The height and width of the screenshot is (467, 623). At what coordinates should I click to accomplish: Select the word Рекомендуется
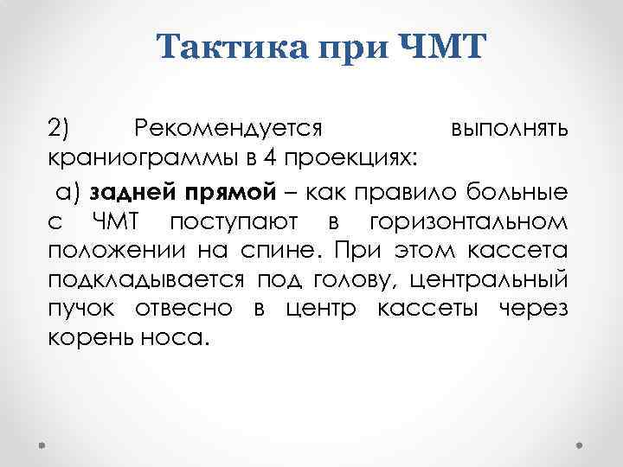(x=229, y=129)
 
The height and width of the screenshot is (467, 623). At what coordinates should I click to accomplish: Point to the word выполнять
(x=510, y=129)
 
